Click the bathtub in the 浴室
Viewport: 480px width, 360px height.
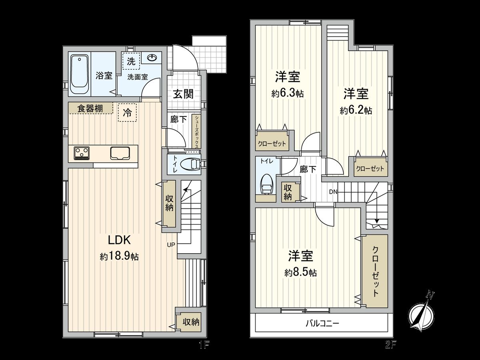(80, 74)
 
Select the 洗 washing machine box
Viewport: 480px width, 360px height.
(131, 62)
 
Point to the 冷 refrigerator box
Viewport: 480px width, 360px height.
(127, 113)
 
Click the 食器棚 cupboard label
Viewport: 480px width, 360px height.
(90, 108)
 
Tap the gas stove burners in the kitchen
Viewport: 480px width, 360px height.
(82, 153)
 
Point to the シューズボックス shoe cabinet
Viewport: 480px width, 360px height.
(197, 132)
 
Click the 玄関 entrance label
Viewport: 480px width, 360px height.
(183, 94)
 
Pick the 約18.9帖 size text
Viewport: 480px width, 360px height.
(119, 257)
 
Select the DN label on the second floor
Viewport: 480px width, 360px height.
(334, 192)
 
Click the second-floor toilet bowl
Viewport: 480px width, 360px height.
(267, 184)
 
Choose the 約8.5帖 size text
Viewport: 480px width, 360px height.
(301, 273)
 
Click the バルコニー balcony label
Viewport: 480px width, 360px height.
(322, 323)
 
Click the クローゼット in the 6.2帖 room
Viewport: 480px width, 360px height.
(370, 168)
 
